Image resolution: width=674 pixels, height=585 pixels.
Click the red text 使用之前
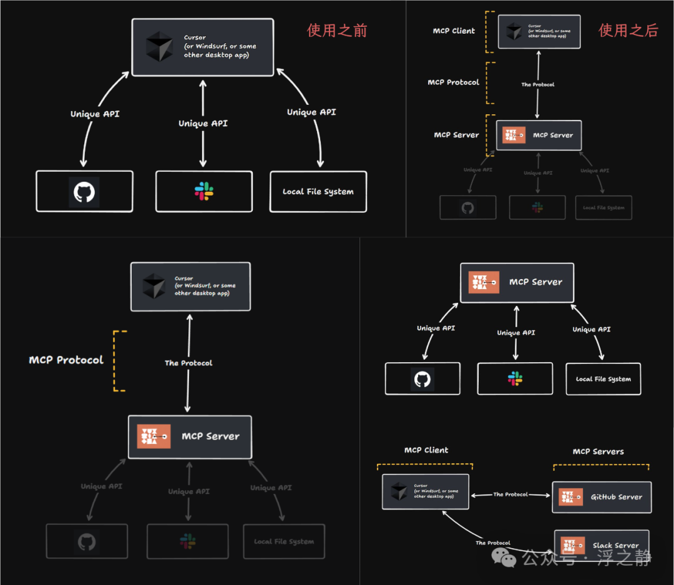pos(337,30)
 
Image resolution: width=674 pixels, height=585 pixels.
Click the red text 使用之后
pos(628,30)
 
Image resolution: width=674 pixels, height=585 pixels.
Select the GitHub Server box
pos(602,497)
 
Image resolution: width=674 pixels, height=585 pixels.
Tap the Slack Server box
pos(602,545)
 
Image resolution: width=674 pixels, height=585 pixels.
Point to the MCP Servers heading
pos(598,451)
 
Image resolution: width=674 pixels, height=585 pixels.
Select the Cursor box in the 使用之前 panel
pos(202,47)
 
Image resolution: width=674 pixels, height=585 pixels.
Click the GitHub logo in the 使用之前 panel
pos(84,192)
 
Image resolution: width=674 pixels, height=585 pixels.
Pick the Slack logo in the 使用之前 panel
pos(204,192)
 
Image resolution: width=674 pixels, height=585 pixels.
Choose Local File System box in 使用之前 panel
pos(318,192)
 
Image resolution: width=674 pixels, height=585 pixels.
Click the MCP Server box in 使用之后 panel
pos(539,135)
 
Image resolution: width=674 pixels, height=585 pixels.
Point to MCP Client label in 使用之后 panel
pos(454,31)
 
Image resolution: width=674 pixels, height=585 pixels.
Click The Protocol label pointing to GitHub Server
pos(510,494)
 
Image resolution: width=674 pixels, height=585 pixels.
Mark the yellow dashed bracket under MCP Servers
pos(601,465)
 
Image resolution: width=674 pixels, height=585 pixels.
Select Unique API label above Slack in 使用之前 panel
pos(203,124)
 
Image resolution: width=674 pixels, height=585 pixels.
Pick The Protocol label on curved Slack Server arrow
pos(493,543)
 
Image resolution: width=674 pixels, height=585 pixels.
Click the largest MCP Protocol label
pos(66,360)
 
